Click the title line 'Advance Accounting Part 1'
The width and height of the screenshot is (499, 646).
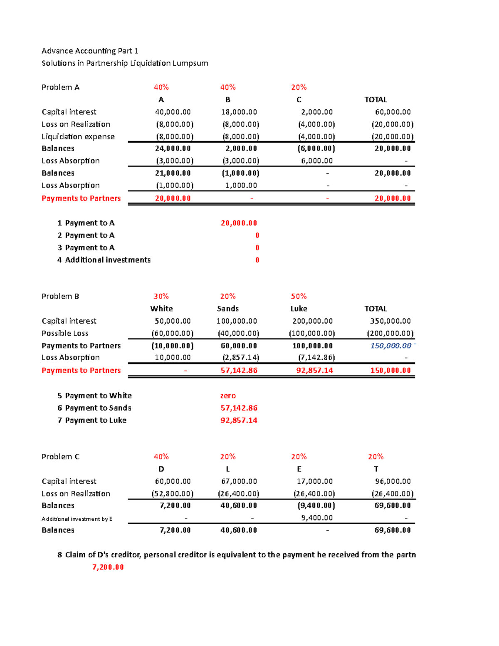point(90,51)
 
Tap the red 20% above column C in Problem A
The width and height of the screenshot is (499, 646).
point(299,87)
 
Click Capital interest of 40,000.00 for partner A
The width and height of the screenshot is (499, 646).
point(173,112)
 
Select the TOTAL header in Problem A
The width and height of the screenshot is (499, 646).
point(375,100)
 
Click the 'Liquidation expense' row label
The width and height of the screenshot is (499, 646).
point(78,136)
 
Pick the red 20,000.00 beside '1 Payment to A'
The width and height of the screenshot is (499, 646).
point(239,223)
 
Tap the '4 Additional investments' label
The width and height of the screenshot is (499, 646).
point(104,260)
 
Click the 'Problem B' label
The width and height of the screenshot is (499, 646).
point(60,296)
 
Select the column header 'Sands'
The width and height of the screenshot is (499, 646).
point(228,309)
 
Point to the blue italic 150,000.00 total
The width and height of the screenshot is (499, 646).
point(390,346)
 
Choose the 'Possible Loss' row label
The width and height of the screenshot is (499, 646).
point(65,333)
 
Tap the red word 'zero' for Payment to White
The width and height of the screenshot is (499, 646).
point(228,396)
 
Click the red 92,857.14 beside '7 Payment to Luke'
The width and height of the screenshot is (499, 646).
point(239,420)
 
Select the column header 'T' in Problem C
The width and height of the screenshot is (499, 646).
point(376,469)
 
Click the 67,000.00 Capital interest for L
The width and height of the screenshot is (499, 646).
point(239,481)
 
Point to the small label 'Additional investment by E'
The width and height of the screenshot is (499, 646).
point(77,519)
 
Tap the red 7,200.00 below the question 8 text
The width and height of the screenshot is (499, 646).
point(108,567)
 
